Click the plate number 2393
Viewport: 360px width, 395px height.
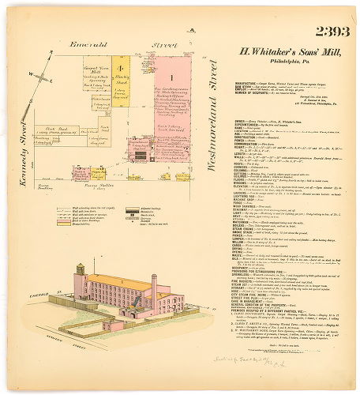click(x=333, y=32)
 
